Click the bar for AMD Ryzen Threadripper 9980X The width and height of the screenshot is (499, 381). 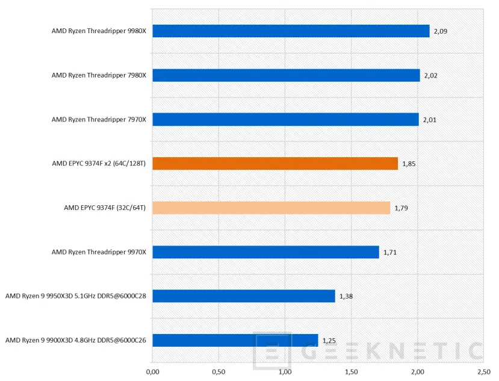[x=291, y=31]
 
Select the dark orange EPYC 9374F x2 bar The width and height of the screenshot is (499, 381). [x=275, y=164]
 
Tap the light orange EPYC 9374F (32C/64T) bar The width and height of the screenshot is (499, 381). [x=271, y=208]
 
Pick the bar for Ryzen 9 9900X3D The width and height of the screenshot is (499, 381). [x=235, y=341]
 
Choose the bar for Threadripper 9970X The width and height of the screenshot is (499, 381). [x=265, y=252]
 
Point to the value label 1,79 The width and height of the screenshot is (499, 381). [x=401, y=208]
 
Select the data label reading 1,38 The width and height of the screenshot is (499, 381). [x=346, y=296]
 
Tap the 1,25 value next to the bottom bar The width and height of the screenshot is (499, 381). [x=329, y=341]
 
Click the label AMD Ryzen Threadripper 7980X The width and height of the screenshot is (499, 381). [x=99, y=75]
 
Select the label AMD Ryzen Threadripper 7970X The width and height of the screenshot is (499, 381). [x=99, y=120]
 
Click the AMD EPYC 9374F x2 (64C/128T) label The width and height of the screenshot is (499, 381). [x=99, y=164]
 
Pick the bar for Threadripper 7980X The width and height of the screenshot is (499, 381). [x=286, y=75]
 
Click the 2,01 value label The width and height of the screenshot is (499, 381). [x=429, y=120]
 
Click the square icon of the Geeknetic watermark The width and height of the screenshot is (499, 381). [x=273, y=351]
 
